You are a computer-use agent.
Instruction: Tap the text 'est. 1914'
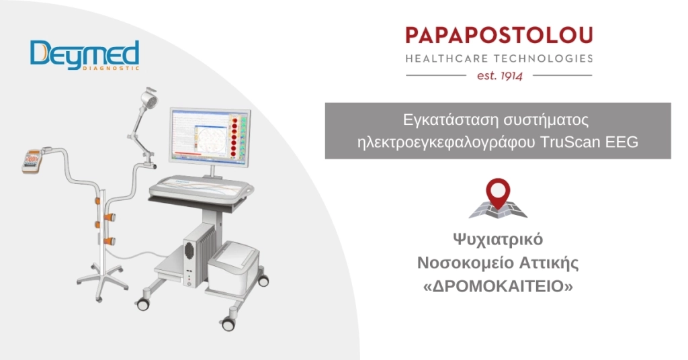(x=499, y=75)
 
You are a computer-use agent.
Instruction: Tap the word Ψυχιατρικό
(x=497, y=240)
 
